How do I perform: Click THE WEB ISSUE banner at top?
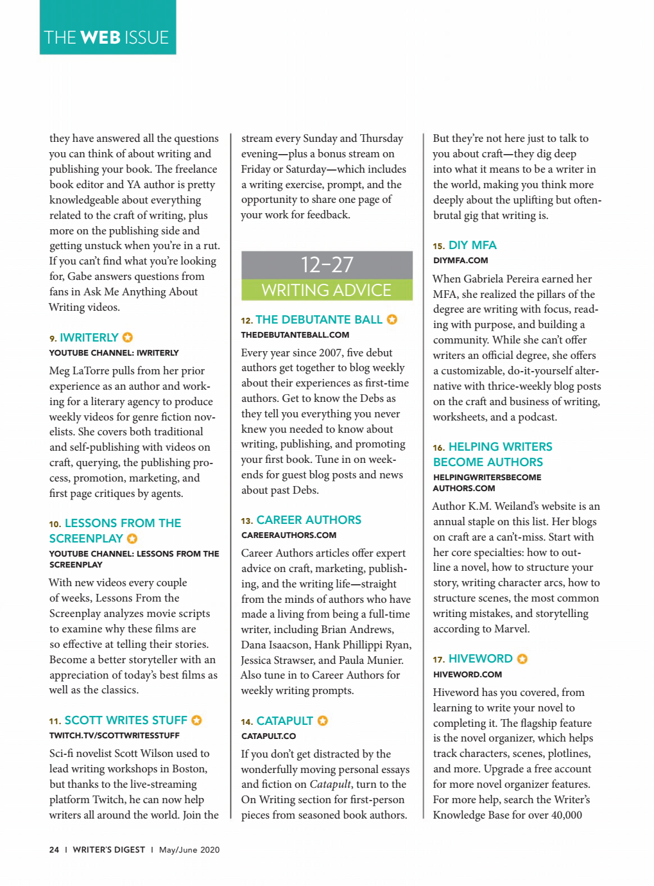107,37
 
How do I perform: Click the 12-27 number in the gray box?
327,265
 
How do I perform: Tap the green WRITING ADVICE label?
327,290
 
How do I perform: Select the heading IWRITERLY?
89,338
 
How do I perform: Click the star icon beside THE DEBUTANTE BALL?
392,319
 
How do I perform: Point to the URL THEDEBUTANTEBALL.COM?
295,335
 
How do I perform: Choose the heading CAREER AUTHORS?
309,520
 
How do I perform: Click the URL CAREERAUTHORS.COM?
289,535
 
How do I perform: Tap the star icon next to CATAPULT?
323,721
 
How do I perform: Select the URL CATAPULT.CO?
268,736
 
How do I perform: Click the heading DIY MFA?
472,245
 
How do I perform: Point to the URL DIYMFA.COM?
460,261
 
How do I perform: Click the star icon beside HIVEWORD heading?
522,659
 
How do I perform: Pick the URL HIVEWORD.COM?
467,675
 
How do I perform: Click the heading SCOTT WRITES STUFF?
126,720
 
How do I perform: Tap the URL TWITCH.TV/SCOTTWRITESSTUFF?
114,736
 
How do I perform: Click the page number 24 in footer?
54,850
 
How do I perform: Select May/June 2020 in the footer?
189,850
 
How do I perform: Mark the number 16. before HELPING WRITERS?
439,448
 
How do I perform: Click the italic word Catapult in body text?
330,785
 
